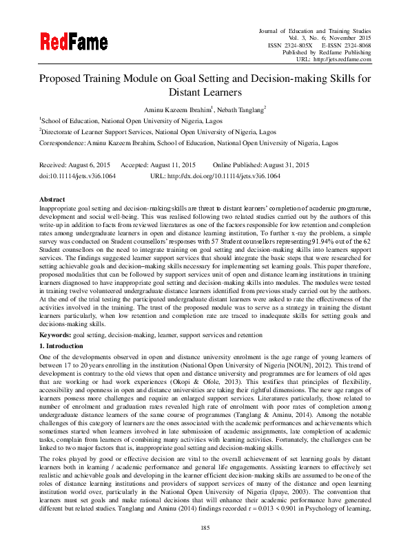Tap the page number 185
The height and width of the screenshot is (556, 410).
(205, 527)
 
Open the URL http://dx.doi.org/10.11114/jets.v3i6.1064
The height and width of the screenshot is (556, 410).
(225, 176)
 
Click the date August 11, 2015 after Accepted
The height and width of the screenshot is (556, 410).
(170, 165)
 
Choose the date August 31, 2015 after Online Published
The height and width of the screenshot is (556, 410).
(281, 165)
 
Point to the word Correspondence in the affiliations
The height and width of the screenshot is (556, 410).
(61, 143)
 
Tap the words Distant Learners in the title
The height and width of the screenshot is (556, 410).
(205, 92)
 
